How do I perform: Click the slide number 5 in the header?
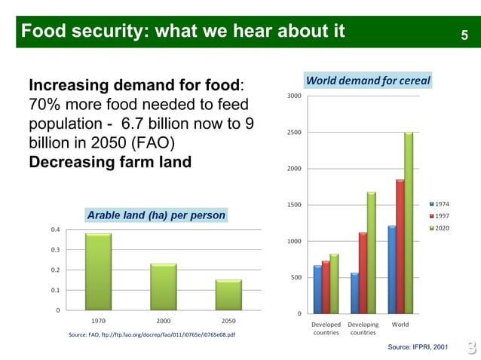point(464,34)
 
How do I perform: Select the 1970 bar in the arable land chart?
point(98,271)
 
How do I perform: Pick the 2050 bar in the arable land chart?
point(228,294)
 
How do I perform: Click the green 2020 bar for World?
point(408,223)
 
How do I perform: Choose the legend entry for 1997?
point(441,215)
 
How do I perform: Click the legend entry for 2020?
point(441,227)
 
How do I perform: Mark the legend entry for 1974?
point(441,204)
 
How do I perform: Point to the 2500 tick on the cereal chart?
point(295,133)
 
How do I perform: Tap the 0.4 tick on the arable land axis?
point(56,229)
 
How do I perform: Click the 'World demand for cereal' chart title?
point(367,81)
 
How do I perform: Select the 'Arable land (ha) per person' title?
point(156,215)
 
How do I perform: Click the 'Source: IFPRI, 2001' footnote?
point(418,346)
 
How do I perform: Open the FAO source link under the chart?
point(151,334)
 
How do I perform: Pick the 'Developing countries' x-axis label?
point(363,328)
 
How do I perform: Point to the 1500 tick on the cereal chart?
point(295,205)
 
